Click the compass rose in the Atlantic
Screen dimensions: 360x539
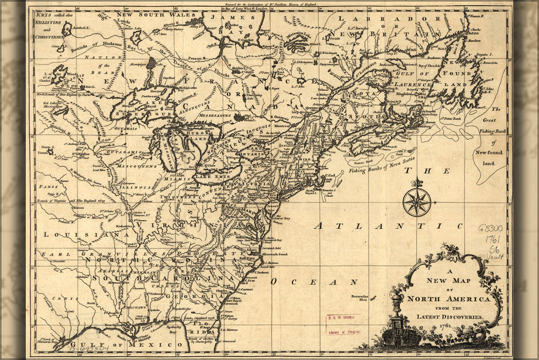point(417,202)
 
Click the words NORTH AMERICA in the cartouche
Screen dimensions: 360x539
point(448,299)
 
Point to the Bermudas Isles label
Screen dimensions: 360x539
point(367,299)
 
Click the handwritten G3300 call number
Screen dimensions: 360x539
point(490,227)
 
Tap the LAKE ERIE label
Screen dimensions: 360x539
point(211,176)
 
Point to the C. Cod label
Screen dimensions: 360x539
point(332,177)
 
